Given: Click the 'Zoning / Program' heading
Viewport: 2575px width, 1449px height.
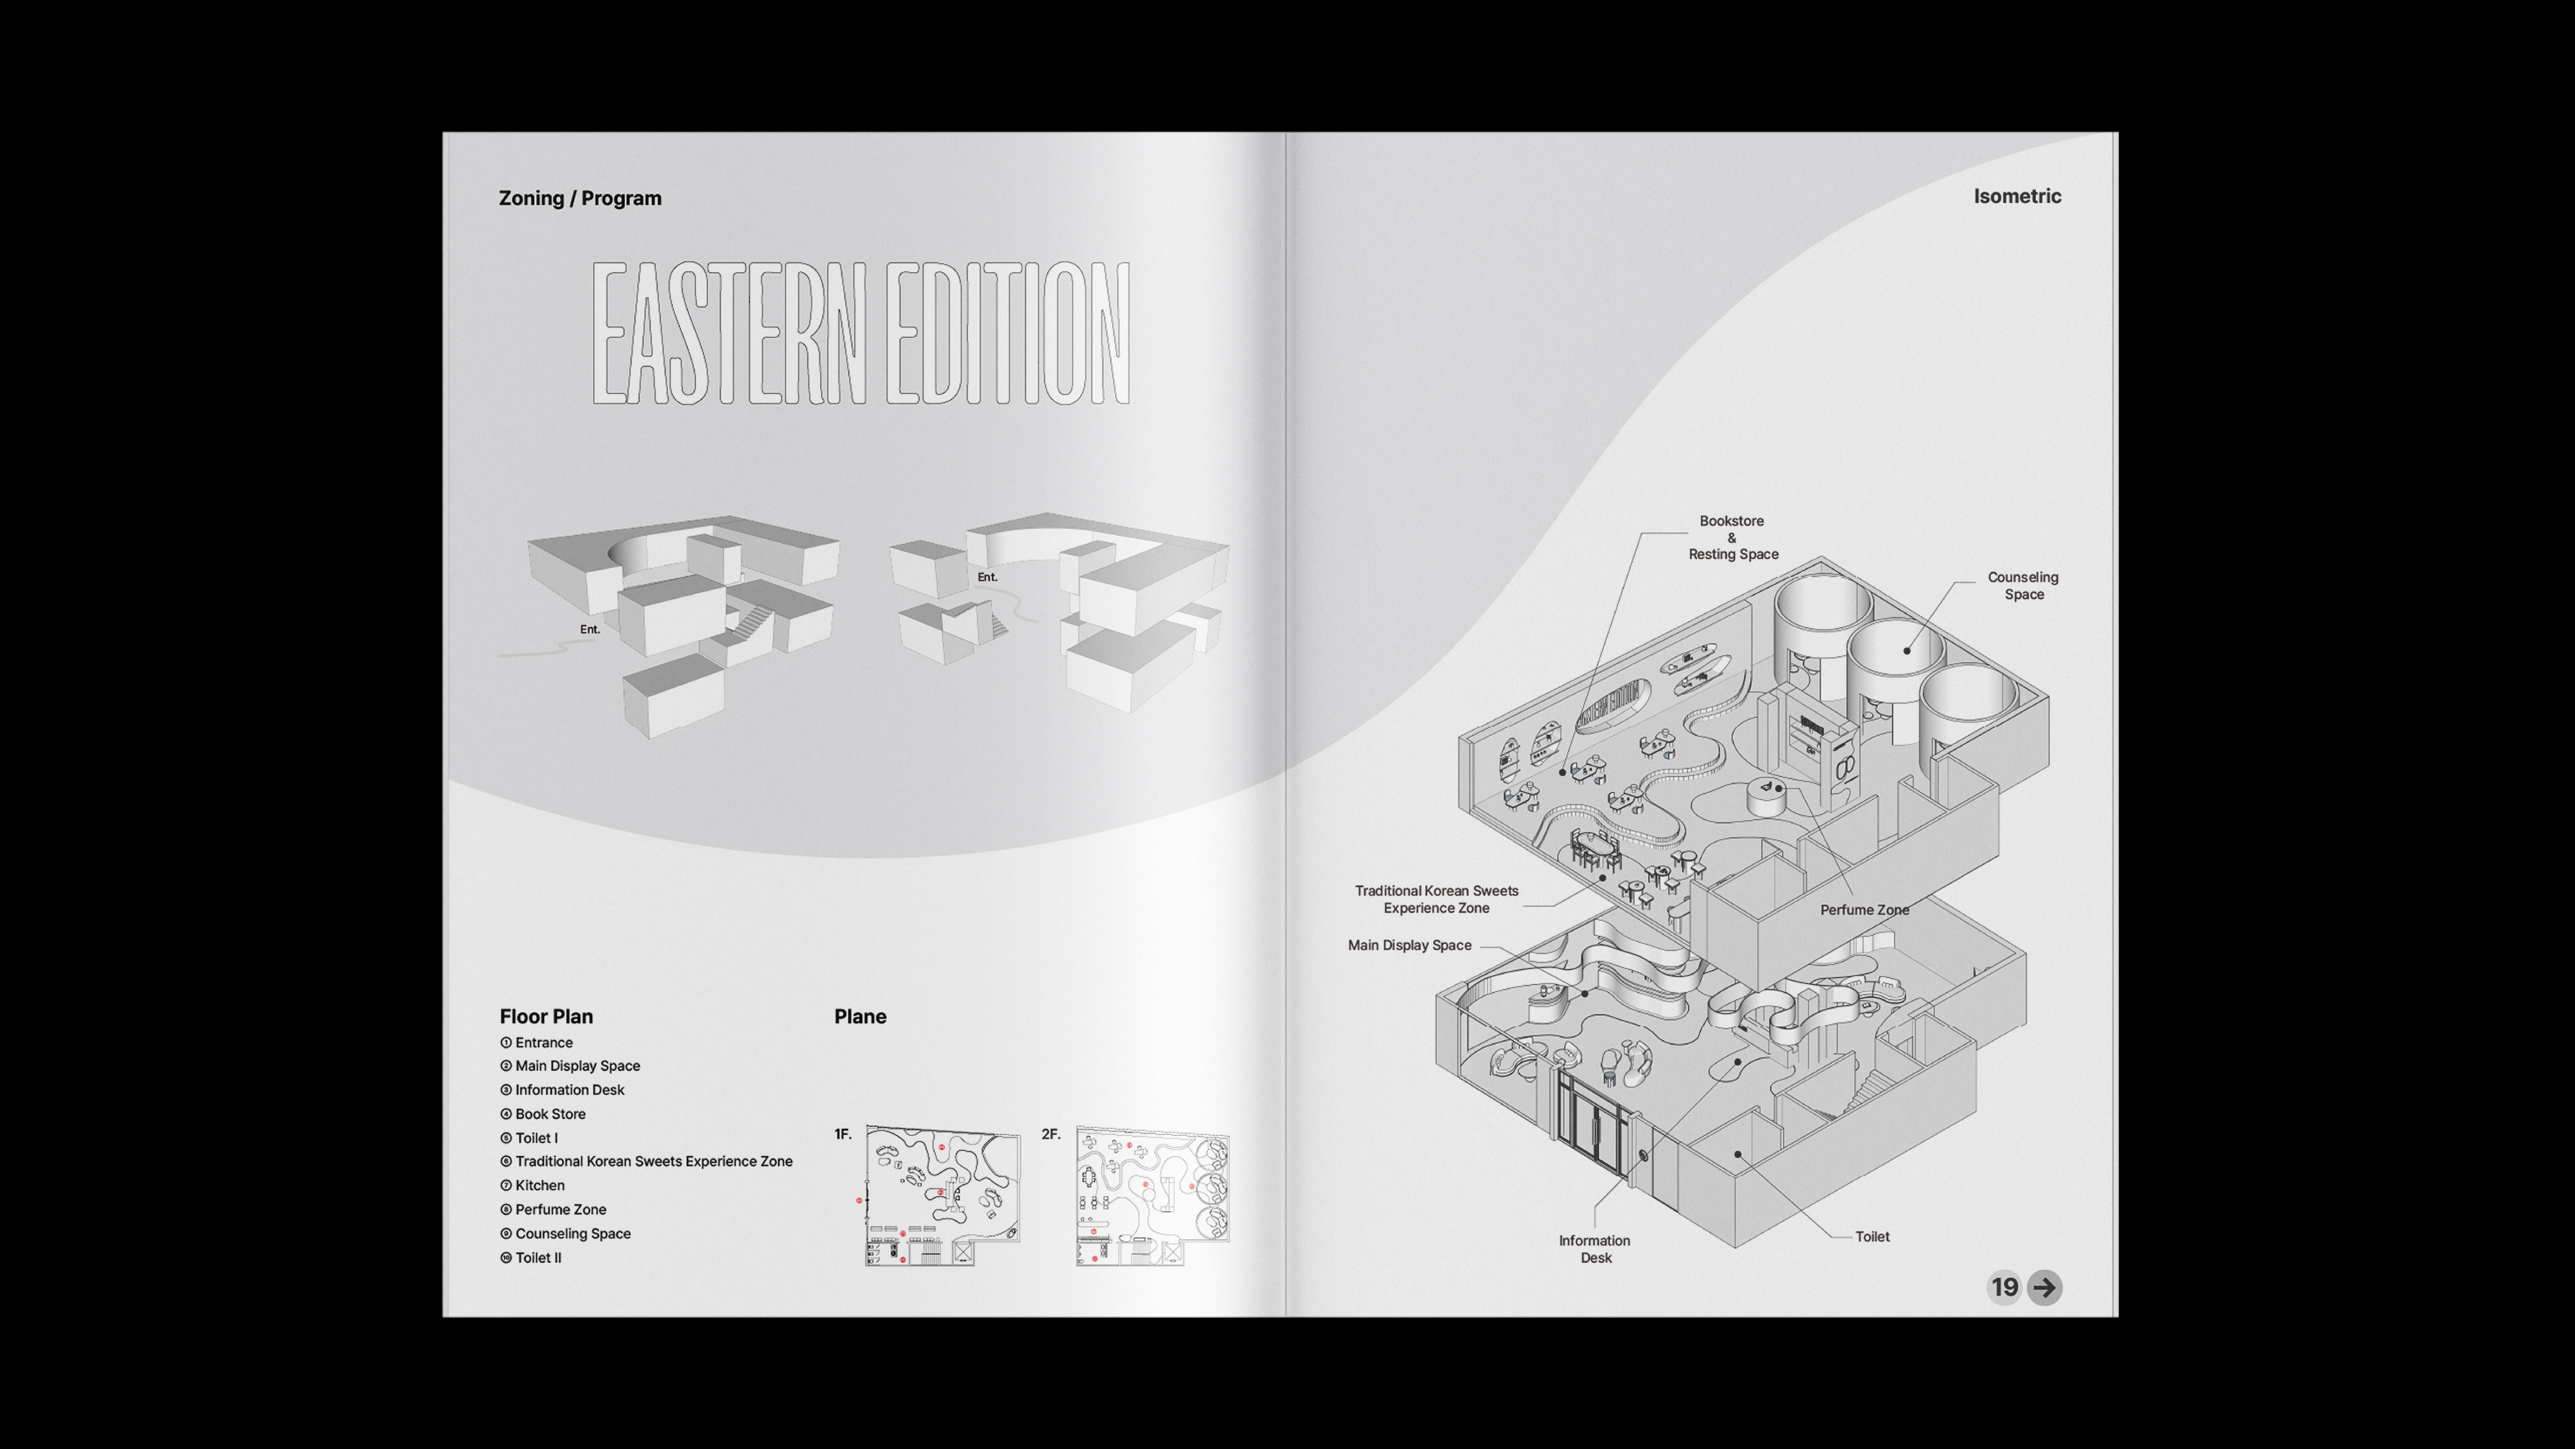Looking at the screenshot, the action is coord(580,198).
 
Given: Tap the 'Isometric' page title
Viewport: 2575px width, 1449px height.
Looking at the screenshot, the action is coord(2017,196).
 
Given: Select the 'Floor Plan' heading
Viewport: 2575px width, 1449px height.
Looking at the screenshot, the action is coord(546,1016).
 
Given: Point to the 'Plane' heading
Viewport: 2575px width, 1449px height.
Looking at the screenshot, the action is coord(860,1016).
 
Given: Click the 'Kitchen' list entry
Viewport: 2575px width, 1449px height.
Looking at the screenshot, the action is coord(533,1185).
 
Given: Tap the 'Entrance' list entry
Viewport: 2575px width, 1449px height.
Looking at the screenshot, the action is coord(537,1042).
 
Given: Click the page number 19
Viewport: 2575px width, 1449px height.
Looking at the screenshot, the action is coord(2004,1287).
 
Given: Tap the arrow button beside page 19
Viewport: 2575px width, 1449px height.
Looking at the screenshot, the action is coord(2044,1287).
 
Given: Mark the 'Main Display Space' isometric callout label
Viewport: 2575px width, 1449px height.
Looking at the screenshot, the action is coord(1409,945).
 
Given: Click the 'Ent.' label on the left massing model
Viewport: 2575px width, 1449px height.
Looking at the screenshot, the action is coord(590,629).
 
